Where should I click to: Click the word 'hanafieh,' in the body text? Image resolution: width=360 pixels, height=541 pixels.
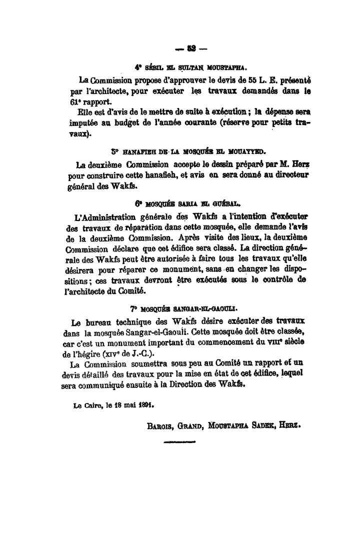tap(167, 176)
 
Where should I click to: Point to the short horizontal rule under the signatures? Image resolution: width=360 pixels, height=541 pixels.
tap(180, 442)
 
